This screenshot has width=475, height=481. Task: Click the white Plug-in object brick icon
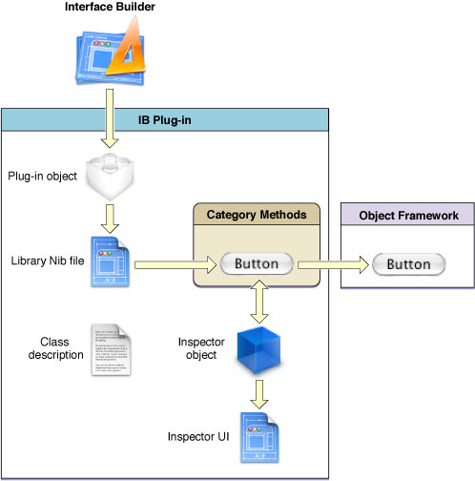pyautogui.click(x=113, y=177)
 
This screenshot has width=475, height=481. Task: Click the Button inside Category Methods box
pyautogui.click(x=256, y=262)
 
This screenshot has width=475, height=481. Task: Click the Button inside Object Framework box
pyautogui.click(x=407, y=263)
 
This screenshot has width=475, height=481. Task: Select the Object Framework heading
pyautogui.click(x=407, y=216)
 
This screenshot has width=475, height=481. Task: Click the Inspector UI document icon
pyautogui.click(x=258, y=435)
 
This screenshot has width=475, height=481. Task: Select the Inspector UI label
pyautogui.click(x=199, y=437)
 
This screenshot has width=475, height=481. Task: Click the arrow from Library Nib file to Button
pyautogui.click(x=173, y=262)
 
